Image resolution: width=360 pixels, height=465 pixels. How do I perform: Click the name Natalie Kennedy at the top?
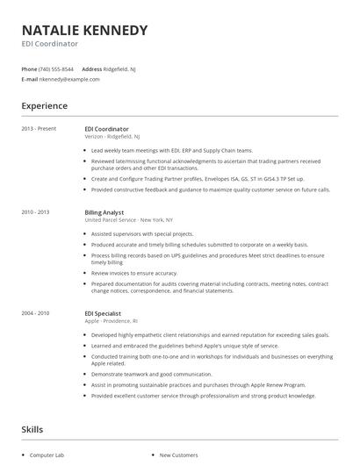point(84,30)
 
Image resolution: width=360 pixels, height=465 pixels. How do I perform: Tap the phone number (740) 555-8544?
point(56,68)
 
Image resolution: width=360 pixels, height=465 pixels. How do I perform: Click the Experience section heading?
point(44,105)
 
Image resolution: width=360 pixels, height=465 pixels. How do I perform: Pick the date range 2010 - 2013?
point(35,212)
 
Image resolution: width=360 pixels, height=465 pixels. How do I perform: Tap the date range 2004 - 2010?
point(35,312)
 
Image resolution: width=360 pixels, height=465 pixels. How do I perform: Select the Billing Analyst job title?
point(104,212)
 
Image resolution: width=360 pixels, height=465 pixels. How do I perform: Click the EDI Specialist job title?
point(102,312)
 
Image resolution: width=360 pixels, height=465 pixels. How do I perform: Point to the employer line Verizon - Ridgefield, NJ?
point(112,137)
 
